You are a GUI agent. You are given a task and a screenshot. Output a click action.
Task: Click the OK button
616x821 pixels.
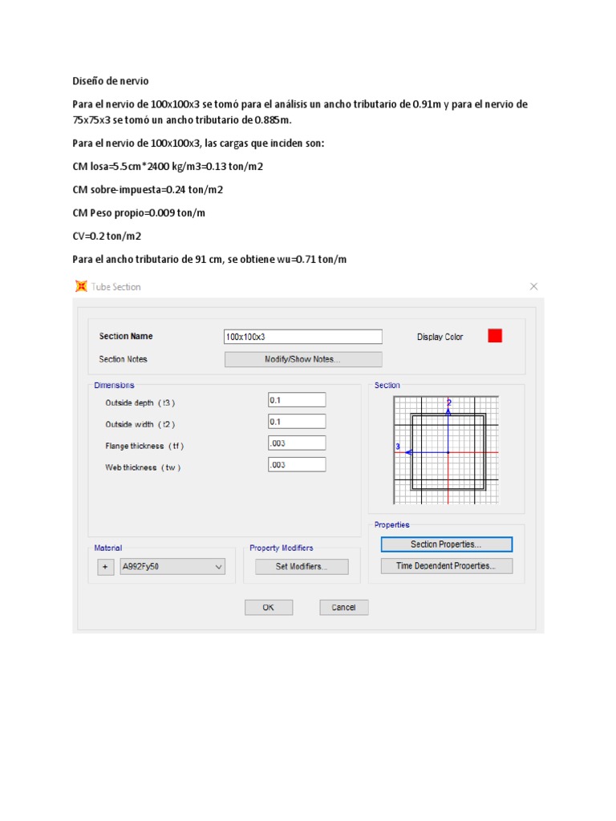pos(269,608)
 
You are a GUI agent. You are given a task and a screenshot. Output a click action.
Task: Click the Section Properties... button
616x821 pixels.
pos(446,544)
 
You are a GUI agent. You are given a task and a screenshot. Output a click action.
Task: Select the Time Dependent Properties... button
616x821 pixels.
pos(446,566)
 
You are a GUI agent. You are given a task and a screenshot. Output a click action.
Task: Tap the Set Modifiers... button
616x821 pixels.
pos(302,567)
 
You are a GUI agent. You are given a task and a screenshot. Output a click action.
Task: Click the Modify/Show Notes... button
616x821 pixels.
pos(303,359)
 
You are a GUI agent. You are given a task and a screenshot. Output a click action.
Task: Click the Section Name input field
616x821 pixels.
pos(303,337)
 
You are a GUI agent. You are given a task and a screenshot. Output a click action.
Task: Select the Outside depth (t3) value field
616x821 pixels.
pos(297,399)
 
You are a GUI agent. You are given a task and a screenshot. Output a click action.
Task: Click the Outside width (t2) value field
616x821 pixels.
pos(297,422)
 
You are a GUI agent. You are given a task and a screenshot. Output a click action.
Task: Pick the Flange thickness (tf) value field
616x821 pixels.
pos(297,443)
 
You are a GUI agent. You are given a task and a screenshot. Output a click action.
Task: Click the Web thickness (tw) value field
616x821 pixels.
pos(297,464)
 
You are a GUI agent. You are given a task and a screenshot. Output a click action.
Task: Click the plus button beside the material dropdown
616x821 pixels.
pos(105,567)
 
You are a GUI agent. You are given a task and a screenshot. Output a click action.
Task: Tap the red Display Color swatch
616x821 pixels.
pos(495,336)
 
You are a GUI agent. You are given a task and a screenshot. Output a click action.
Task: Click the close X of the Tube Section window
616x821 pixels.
pos(534,286)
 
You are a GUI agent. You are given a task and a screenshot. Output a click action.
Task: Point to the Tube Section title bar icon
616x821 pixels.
pos(80,286)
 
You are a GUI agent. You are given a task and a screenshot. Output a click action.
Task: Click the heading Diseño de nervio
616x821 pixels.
pos(110,82)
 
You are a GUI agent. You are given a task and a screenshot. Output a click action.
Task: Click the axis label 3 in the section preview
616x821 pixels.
pos(398,447)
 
